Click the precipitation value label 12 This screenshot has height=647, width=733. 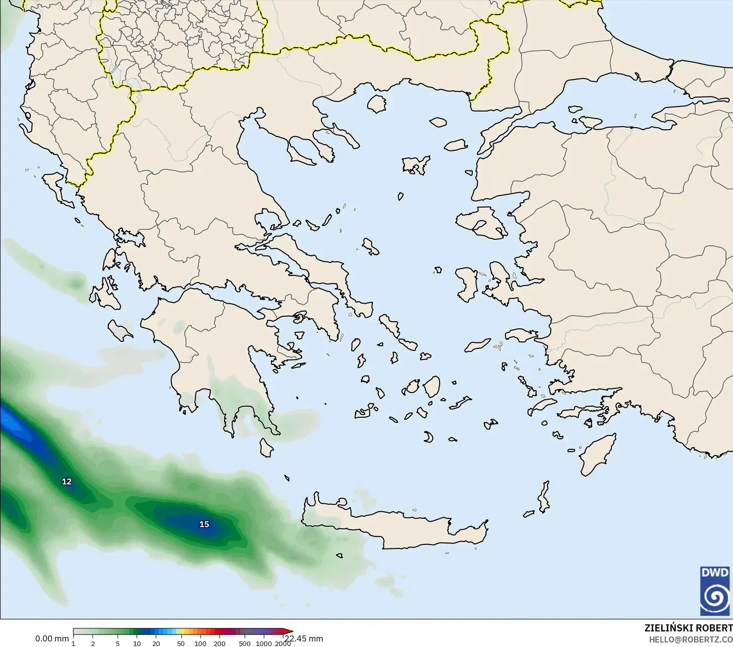[66, 482]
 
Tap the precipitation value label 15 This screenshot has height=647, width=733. [204, 524]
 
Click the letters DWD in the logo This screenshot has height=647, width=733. [714, 573]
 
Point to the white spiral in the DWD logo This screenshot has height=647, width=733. [714, 597]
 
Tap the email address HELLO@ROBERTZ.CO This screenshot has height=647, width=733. [691, 639]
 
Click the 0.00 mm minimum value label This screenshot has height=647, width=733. [52, 638]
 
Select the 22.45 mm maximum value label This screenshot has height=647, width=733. [304, 638]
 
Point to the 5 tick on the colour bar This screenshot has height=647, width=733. [118, 643]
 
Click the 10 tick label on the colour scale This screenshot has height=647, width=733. [137, 643]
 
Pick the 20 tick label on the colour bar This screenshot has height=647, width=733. [156, 643]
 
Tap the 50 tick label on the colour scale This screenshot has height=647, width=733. [181, 643]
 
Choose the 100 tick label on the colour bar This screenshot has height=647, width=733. [200, 643]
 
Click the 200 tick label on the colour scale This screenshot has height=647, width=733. [220, 643]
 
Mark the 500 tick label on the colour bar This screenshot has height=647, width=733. [245, 643]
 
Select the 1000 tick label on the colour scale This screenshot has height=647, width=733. [264, 643]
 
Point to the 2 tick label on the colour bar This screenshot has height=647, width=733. [93, 643]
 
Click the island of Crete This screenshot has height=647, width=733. [397, 528]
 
